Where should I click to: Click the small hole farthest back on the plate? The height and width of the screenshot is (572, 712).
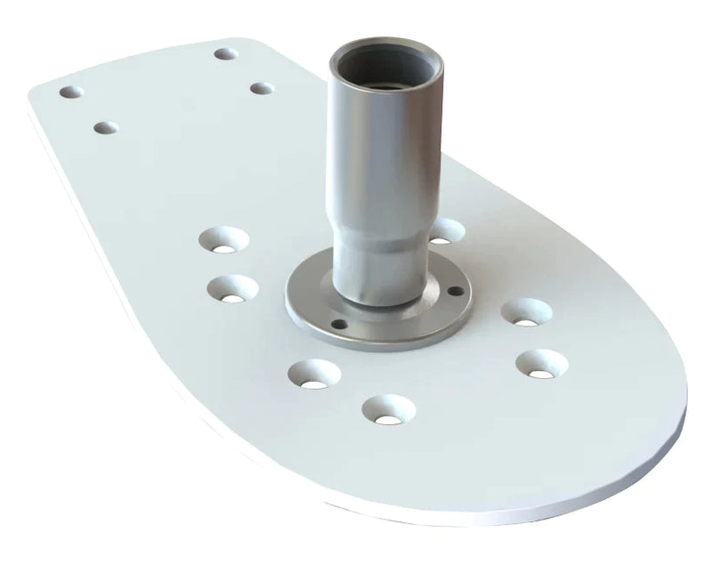point(226,53)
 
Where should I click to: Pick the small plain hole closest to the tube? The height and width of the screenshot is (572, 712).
point(262,88)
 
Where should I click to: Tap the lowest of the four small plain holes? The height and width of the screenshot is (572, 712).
point(105,128)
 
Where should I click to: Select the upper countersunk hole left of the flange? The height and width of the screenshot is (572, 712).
point(222,239)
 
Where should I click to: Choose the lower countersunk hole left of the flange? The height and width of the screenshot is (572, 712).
point(233,289)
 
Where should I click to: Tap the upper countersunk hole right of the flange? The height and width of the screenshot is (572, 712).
point(525,312)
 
